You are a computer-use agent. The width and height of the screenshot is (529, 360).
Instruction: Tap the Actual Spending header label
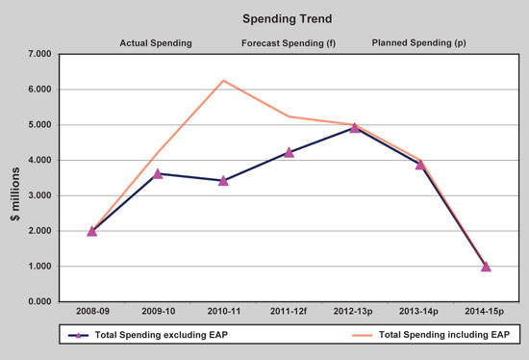coord(156,43)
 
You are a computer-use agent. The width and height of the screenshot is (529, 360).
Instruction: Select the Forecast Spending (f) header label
coord(288,43)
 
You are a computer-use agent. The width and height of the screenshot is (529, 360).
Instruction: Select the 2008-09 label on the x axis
coord(91,313)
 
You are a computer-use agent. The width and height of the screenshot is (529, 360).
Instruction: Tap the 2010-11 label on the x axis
coord(223,313)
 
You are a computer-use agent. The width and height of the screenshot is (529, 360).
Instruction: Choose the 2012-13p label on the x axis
coord(355,313)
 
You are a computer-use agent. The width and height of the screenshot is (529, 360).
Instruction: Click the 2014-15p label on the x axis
coord(486,313)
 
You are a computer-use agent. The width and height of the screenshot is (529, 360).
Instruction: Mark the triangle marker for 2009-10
coord(158,173)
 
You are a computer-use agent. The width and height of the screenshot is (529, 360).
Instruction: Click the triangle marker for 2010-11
coord(223,180)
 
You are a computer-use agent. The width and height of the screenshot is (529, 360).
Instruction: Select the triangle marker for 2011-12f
coord(289,152)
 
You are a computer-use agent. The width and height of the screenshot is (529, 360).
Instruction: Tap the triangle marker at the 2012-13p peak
coord(355,127)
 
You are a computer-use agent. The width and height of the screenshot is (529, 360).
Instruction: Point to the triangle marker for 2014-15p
coord(486,267)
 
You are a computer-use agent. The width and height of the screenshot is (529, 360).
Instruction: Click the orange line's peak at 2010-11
coord(223,80)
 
